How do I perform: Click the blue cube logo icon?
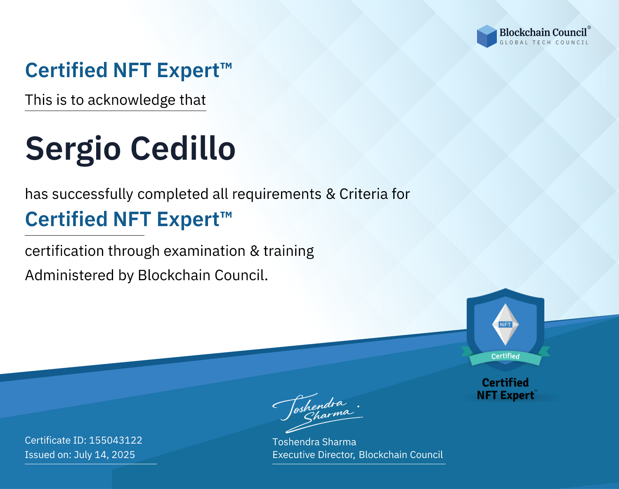[487, 36]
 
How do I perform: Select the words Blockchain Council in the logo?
[543, 33]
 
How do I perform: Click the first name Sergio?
[73, 149]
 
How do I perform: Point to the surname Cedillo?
[183, 148]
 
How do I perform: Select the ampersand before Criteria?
[331, 194]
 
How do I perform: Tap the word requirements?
[277, 194]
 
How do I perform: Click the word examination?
[205, 251]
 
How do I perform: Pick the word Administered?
[69, 275]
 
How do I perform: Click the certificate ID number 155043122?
[116, 440]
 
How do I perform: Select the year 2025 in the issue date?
[123, 455]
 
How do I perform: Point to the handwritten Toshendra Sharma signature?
[317, 413]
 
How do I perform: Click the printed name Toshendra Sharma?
[314, 442]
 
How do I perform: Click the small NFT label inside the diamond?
[506, 324]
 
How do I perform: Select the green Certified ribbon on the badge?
[506, 356]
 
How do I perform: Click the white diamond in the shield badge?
[506, 324]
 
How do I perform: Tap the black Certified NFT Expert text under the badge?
[506, 389]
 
